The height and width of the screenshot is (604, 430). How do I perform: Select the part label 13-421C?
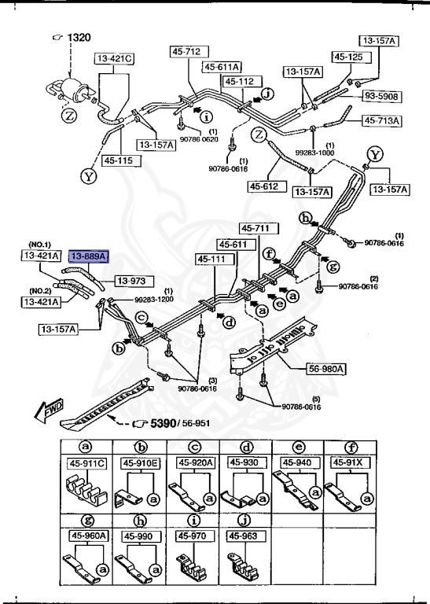point(115,59)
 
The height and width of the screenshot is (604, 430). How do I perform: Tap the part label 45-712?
point(186,52)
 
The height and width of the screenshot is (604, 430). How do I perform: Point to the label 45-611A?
point(223,67)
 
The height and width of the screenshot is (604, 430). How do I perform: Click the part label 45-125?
point(347,57)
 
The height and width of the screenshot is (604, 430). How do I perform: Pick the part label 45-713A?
point(381,121)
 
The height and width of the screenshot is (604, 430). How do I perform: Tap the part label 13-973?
point(133,280)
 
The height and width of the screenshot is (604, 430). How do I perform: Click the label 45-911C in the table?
point(87,462)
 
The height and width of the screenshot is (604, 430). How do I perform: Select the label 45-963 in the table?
point(243,536)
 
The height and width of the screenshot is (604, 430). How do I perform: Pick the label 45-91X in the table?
point(348,462)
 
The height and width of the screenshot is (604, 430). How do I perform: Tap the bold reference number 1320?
point(80,38)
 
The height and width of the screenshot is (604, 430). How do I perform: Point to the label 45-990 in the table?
point(139,536)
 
